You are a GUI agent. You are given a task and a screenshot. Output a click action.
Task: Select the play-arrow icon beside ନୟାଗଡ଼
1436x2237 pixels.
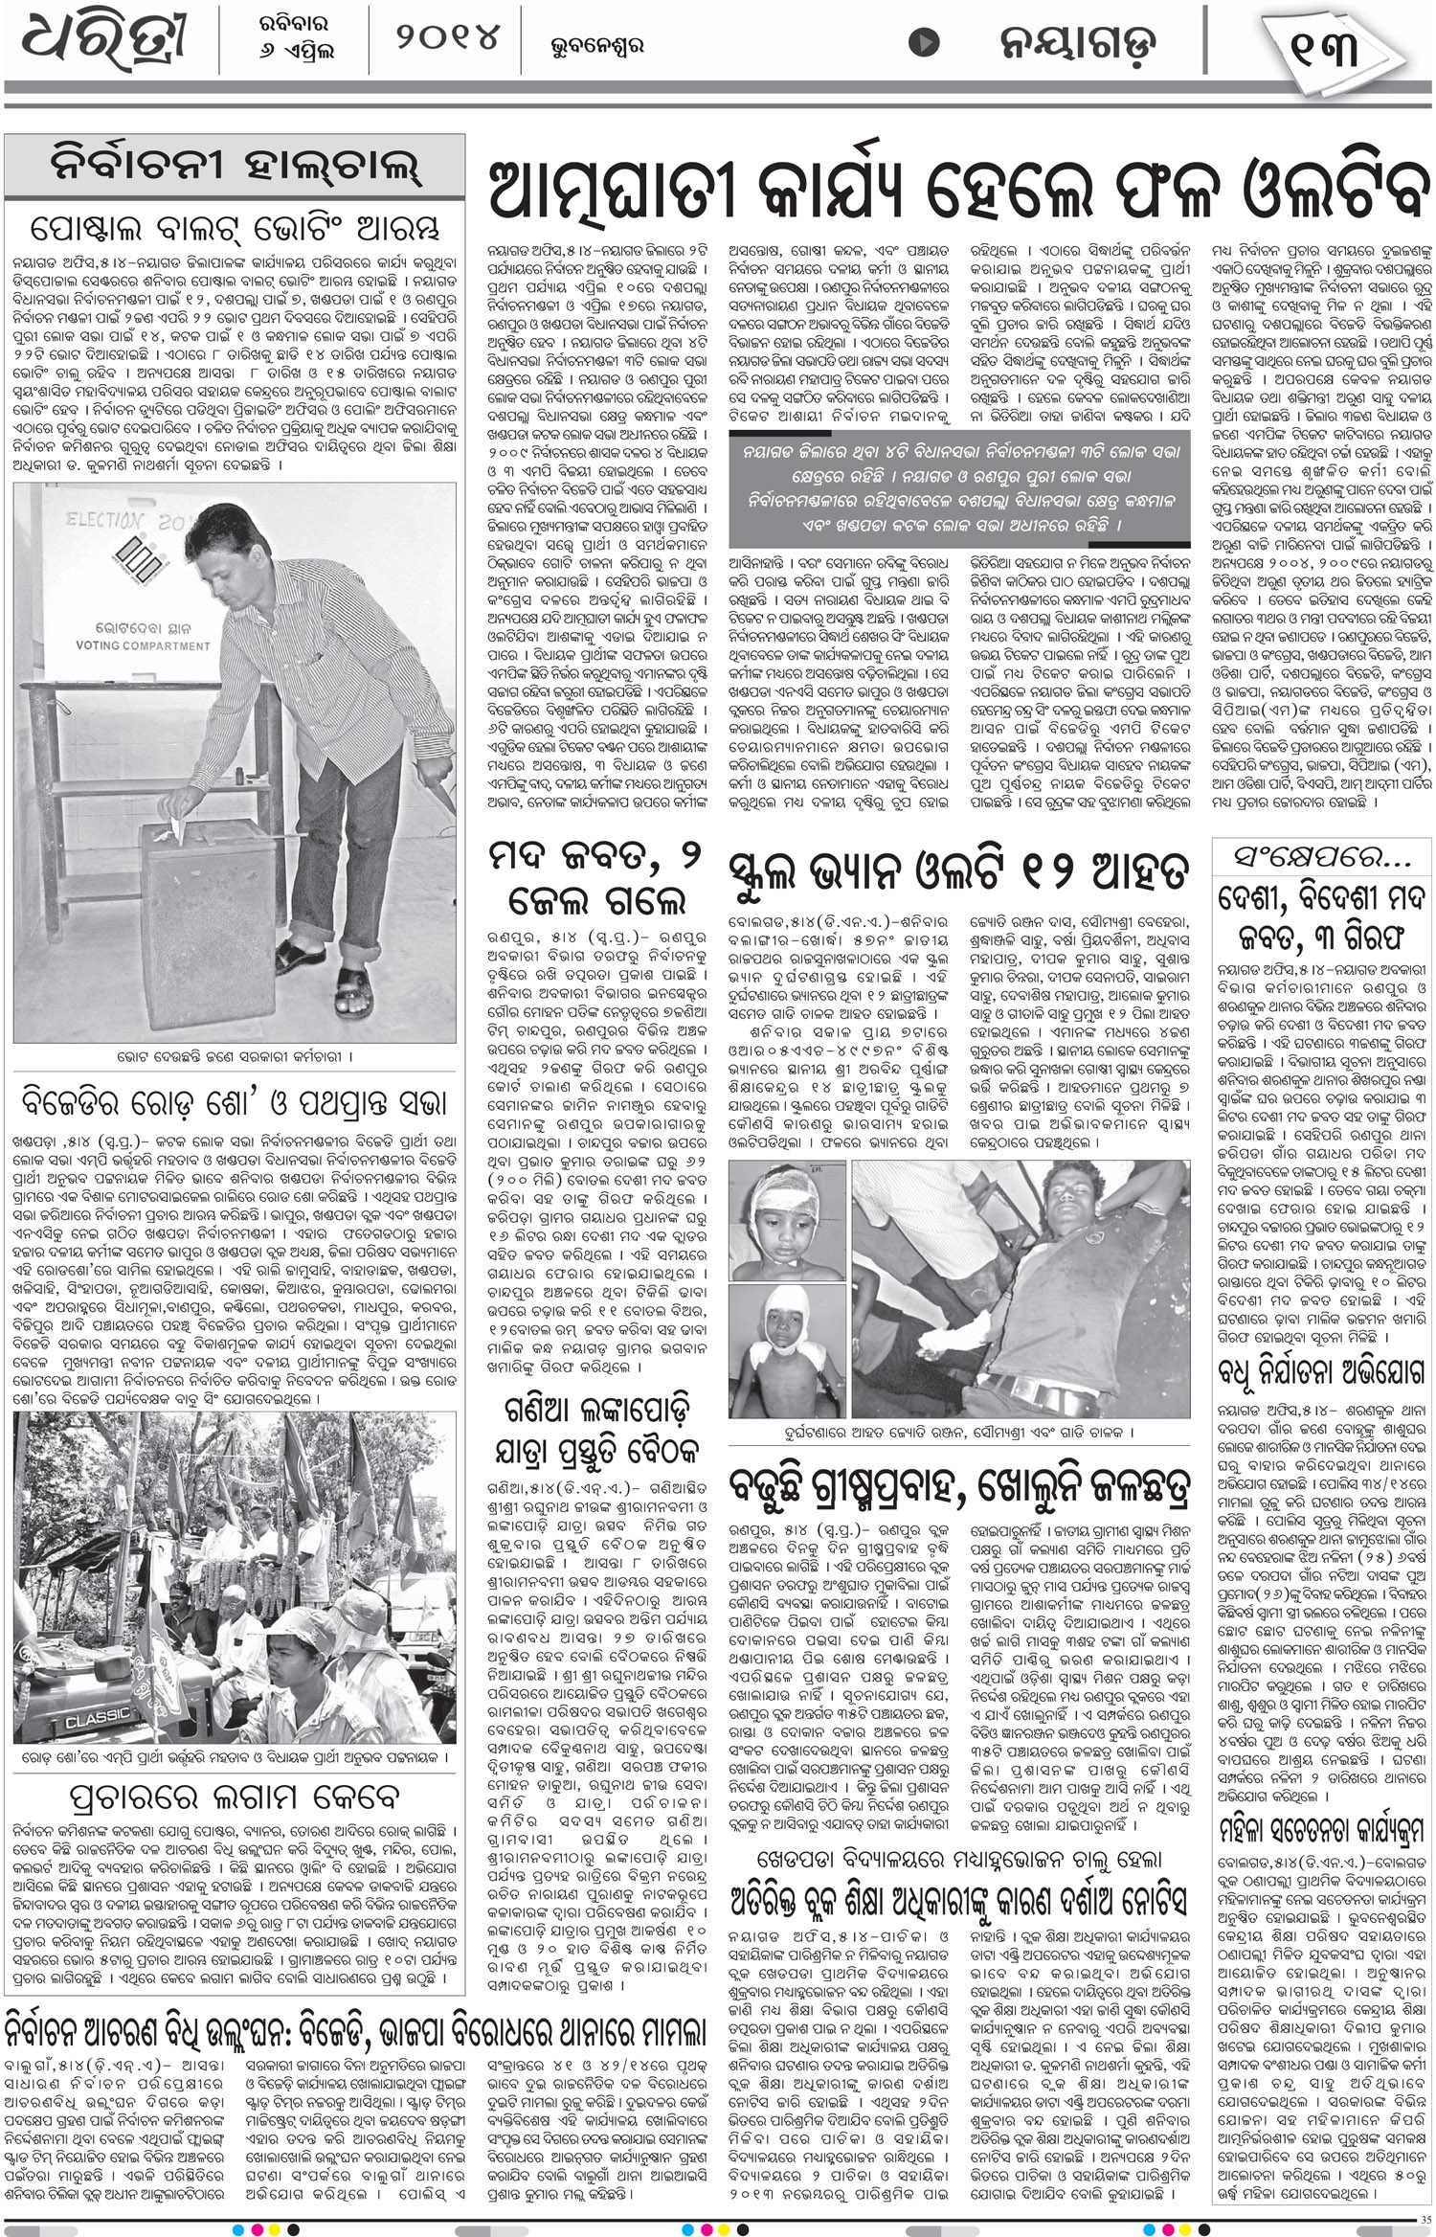[x=924, y=42]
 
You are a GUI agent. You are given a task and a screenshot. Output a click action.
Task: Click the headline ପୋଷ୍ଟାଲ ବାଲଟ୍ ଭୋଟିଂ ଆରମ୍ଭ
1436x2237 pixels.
[x=235, y=230]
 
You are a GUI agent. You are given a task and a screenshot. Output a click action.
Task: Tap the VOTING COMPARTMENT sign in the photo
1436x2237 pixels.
[x=143, y=645]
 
